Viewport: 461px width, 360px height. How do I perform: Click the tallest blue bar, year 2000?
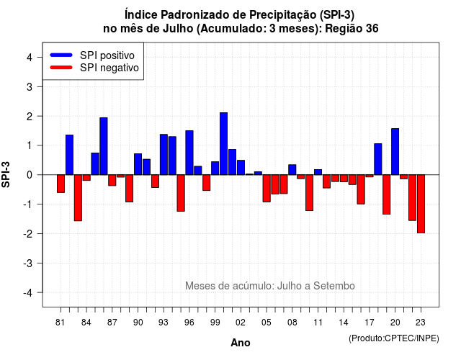pyautogui.click(x=224, y=144)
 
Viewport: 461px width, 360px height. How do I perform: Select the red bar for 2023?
pyautogui.click(x=421, y=204)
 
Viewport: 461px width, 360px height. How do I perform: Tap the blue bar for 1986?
pyautogui.click(x=104, y=146)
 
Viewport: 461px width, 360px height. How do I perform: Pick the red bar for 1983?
pyautogui.click(x=78, y=198)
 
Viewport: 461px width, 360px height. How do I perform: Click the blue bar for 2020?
pyautogui.click(x=395, y=152)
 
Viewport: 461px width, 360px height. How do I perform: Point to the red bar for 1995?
pyautogui.click(x=181, y=193)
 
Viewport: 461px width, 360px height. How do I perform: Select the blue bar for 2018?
pyautogui.click(x=378, y=159)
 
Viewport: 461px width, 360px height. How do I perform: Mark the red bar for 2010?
pyautogui.click(x=309, y=193)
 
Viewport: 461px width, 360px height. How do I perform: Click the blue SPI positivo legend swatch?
pyautogui.click(x=61, y=55)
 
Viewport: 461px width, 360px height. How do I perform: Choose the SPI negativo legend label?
pyautogui.click(x=109, y=68)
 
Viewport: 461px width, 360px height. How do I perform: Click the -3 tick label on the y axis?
pyautogui.click(x=28, y=263)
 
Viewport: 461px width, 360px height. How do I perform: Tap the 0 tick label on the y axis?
pyautogui.click(x=30, y=175)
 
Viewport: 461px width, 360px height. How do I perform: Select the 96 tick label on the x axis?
pyautogui.click(x=189, y=323)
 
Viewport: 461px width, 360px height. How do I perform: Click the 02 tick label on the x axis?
pyautogui.click(x=241, y=323)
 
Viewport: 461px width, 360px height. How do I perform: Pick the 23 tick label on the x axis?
pyautogui.click(x=421, y=323)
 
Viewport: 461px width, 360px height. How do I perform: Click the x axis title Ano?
pyautogui.click(x=241, y=343)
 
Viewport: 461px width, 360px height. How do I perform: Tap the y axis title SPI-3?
pyautogui.click(x=6, y=174)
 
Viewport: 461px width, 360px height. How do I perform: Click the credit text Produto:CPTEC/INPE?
pyautogui.click(x=394, y=338)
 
